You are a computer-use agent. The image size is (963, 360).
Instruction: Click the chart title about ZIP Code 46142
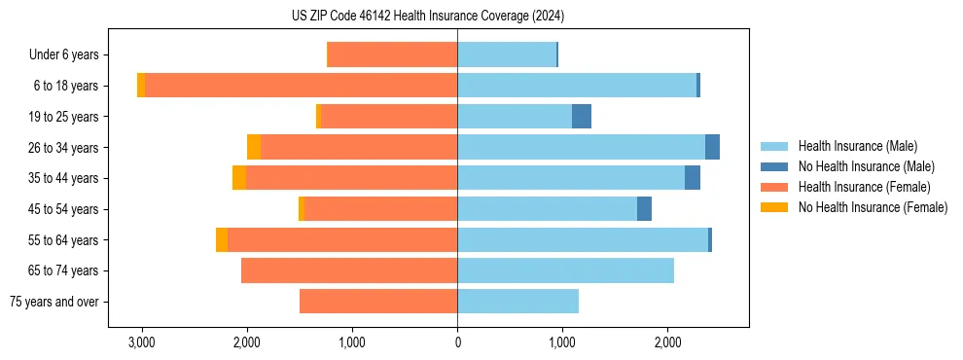(428, 16)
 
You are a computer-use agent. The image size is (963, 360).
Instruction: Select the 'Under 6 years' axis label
(70, 55)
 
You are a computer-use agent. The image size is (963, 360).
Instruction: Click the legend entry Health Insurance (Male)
(857, 146)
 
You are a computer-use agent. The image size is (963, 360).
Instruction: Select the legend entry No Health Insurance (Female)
(873, 207)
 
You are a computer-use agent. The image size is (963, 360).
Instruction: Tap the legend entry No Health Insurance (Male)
(866, 166)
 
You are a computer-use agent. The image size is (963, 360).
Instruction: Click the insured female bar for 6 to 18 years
(301, 86)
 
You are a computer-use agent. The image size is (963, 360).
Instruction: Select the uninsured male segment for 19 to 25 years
(582, 117)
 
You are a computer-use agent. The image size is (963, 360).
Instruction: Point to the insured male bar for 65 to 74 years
(565, 270)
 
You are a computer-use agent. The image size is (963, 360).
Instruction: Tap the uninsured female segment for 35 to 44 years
(239, 178)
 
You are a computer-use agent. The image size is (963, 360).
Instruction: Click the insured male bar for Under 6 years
(506, 55)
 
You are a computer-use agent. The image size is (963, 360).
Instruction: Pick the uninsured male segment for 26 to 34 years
(712, 148)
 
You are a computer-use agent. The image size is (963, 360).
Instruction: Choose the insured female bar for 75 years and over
(378, 302)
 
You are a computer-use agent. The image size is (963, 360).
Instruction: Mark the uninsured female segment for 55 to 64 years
(222, 240)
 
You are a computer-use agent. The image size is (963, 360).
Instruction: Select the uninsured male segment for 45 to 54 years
(644, 209)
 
